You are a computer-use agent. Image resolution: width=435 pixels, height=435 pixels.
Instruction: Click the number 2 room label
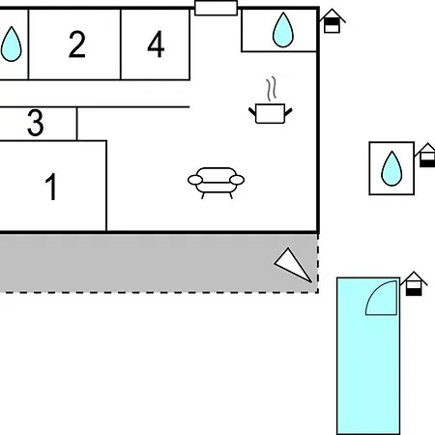[77, 44]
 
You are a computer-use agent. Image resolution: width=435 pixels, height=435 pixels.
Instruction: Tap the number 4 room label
[156, 44]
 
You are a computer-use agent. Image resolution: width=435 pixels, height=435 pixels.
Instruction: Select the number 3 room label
[36, 123]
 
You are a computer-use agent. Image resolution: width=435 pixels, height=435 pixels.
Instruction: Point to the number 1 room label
[51, 187]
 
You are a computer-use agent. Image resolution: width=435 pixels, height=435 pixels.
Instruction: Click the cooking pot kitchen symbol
[271, 113]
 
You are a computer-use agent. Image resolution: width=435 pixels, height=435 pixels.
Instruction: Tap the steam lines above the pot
[272, 88]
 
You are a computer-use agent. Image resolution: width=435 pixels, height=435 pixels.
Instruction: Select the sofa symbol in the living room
[216, 183]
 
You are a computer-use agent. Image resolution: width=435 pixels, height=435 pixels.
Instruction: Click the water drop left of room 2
[11, 44]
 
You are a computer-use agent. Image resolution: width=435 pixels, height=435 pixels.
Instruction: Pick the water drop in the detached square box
[391, 168]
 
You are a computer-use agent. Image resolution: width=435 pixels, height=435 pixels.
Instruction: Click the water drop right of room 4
[283, 30]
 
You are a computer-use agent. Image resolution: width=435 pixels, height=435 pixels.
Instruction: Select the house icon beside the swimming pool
[414, 283]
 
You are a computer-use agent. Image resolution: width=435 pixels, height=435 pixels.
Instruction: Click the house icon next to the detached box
[426, 155]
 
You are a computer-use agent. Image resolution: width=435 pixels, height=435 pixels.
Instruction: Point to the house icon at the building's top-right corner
[332, 21]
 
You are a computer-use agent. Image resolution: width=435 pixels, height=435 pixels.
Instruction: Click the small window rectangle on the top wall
[217, 8]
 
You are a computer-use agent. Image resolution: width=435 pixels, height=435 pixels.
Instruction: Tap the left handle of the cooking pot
[252, 112]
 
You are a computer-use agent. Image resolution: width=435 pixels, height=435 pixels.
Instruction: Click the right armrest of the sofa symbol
[237, 180]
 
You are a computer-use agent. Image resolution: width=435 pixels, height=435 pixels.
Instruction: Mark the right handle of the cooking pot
[288, 112]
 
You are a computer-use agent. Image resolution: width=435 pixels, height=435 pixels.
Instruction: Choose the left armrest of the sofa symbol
[195, 180]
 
